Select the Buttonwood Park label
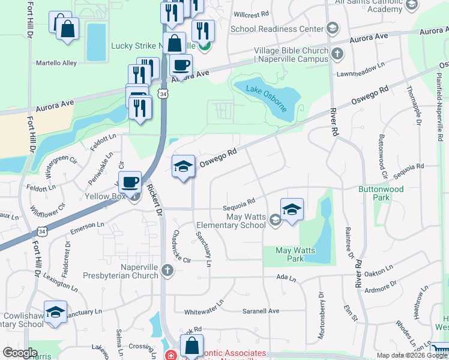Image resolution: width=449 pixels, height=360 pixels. (381, 192)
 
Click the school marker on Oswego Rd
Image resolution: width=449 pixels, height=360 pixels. (183, 167)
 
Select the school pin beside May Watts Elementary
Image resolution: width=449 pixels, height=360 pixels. (292, 209)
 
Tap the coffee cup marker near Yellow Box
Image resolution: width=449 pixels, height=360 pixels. (130, 182)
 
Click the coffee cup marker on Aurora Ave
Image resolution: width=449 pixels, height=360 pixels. (180, 65)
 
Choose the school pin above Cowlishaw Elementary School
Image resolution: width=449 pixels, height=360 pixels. (55, 312)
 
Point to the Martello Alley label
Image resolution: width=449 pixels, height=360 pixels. (56, 62)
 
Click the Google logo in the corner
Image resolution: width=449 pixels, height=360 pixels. (20, 353)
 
